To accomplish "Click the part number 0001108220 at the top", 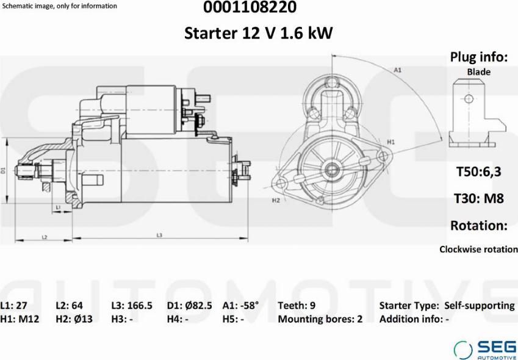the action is point(250,7).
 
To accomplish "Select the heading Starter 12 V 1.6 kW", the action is point(258,33).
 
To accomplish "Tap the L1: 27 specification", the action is point(14,306).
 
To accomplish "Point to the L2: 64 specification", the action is point(70,306).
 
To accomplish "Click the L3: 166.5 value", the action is point(132,306).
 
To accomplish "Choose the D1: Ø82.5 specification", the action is point(189,306).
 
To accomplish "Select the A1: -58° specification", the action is point(240,306).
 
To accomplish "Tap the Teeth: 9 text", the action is point(297,306).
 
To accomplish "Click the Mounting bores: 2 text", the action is point(320,319).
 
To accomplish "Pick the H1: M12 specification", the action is point(20,319).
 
